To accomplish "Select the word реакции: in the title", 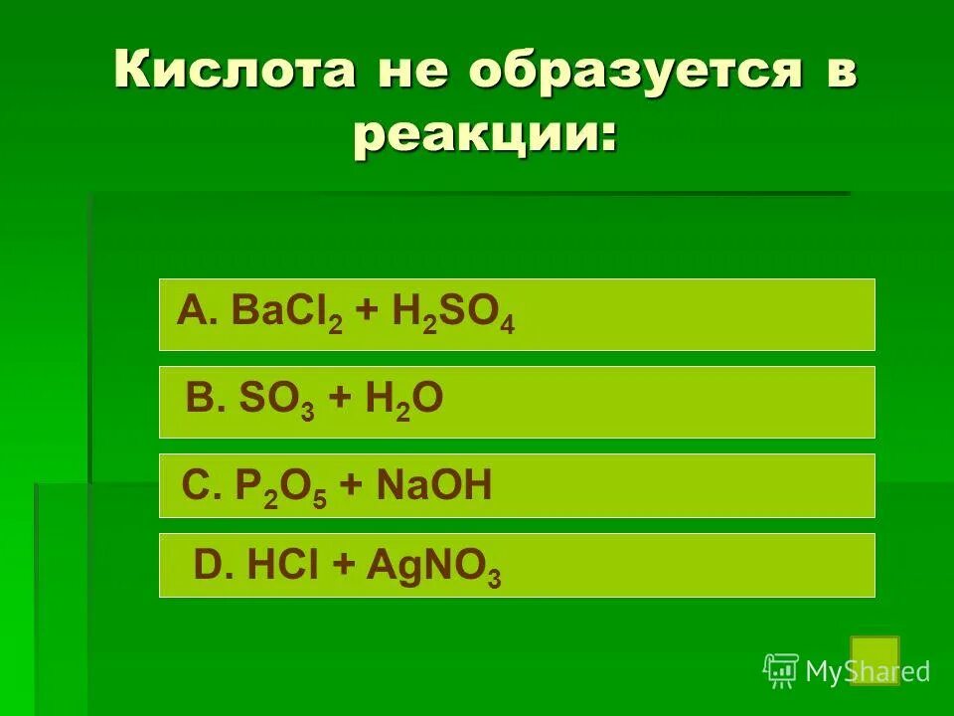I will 484,135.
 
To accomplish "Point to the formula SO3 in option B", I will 276,401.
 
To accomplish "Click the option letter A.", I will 193,313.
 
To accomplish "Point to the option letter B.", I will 202,400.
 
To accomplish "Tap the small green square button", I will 874,660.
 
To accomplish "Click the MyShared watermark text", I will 867,672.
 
